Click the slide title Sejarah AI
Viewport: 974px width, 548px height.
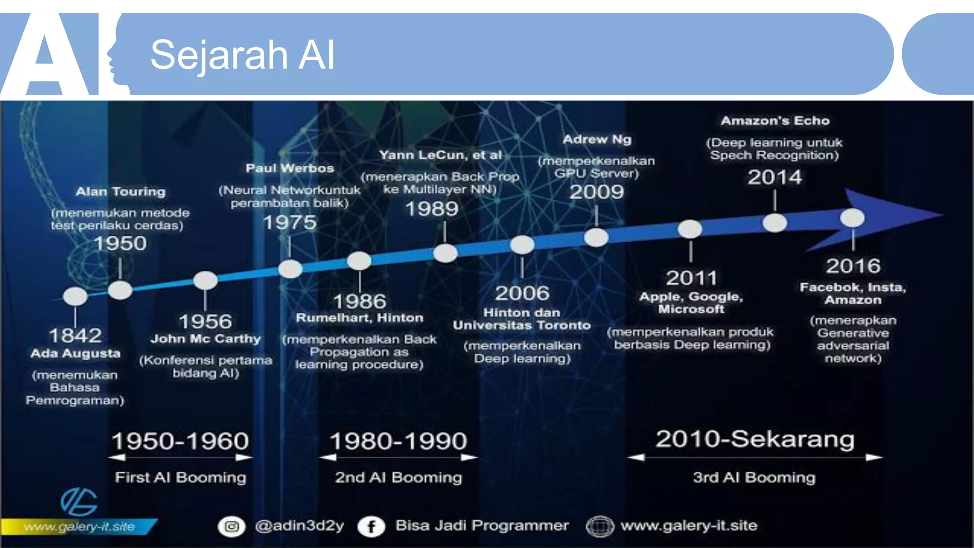(x=243, y=55)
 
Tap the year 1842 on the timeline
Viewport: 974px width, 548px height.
(x=75, y=335)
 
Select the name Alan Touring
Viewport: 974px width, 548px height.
(x=120, y=192)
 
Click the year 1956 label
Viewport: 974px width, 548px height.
(x=205, y=322)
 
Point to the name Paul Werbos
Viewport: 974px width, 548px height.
(x=290, y=168)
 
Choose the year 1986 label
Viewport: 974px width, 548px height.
(x=360, y=301)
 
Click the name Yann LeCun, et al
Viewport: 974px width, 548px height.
(x=440, y=155)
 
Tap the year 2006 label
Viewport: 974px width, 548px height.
(x=522, y=293)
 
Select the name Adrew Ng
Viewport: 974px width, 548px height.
(x=597, y=139)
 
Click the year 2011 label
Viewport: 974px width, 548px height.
(x=691, y=278)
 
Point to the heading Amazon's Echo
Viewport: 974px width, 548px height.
(x=775, y=121)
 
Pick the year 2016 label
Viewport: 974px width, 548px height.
(x=853, y=266)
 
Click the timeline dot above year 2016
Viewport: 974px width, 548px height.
(x=852, y=218)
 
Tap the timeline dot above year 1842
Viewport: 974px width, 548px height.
(x=75, y=296)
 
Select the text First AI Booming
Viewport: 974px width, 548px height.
(x=180, y=477)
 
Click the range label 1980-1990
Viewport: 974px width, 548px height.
(x=398, y=441)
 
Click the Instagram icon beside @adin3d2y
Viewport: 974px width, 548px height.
(x=232, y=527)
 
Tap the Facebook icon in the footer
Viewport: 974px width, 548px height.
(x=371, y=527)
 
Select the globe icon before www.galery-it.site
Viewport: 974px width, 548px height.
(x=600, y=527)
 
